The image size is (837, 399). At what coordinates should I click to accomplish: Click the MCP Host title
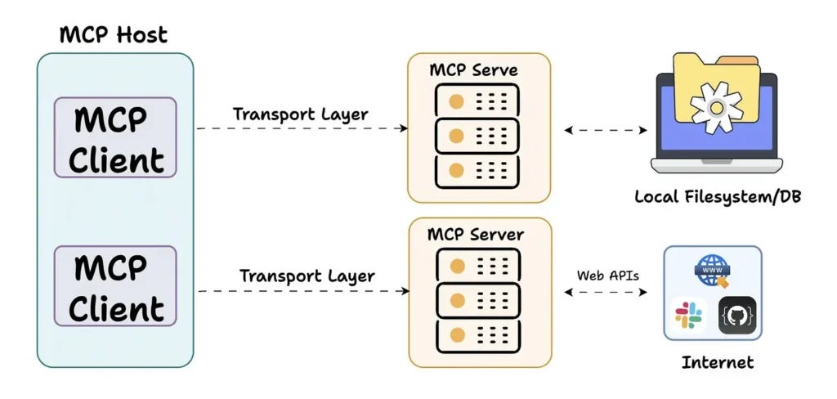point(114,34)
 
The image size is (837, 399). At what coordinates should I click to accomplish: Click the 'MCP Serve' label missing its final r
point(473,69)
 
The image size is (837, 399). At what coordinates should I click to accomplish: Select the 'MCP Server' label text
point(476,235)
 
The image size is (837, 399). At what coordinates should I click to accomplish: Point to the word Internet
point(717,361)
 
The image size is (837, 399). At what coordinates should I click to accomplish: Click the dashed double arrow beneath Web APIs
point(606,291)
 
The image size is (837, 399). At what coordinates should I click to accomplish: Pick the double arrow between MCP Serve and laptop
point(606,129)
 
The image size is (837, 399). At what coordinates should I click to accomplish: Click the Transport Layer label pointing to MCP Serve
point(300,114)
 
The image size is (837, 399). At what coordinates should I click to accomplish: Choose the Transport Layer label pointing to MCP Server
point(307,276)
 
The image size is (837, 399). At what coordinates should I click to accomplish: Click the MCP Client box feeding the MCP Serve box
point(115,138)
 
